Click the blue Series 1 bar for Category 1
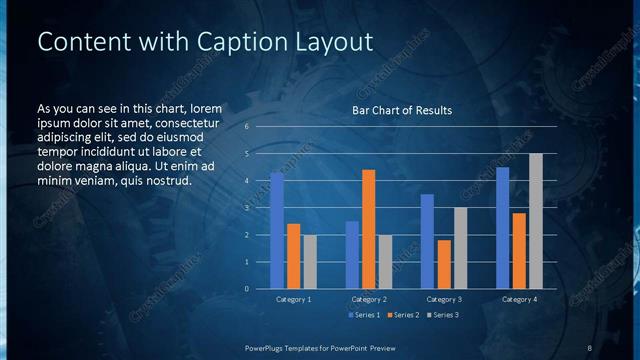coord(277,231)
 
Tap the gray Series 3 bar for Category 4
coord(536,221)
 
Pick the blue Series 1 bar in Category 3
coord(427,241)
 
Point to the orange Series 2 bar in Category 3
coord(444,264)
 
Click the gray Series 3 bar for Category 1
coord(310,262)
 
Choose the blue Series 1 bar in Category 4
coord(502,228)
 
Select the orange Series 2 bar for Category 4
coord(519,251)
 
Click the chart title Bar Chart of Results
coord(402,110)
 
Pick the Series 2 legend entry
coord(403,315)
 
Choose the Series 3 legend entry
coord(443,315)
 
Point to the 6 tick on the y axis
coord(247,127)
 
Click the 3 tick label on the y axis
coord(247,208)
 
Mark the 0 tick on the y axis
coord(247,289)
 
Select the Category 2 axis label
coord(369,300)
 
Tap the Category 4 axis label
coord(519,300)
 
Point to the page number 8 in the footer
coord(590,347)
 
